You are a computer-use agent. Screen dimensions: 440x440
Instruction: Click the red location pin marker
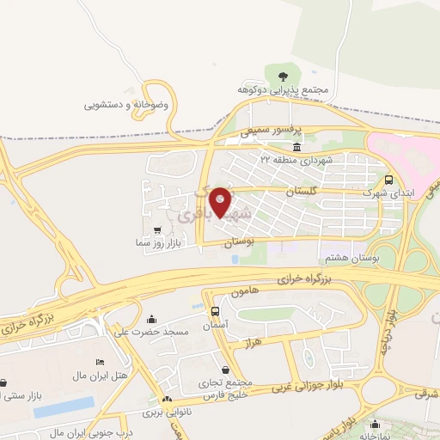tap(220, 201)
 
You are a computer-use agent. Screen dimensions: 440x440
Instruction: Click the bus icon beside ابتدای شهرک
tap(389, 180)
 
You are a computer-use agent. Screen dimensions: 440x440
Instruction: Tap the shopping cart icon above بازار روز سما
tap(156, 229)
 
